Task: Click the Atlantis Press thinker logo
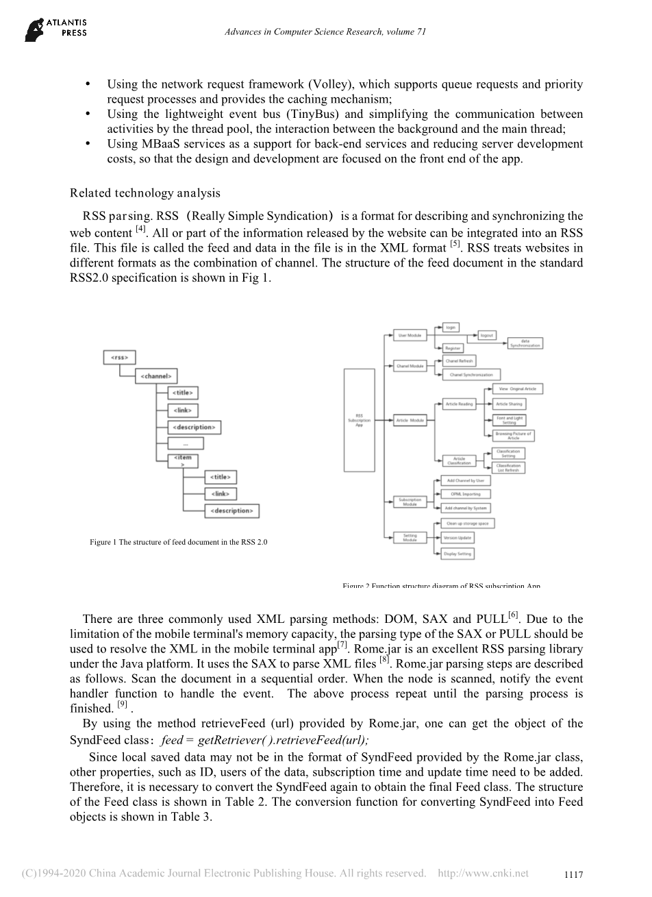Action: point(34,29)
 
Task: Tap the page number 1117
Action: point(573,875)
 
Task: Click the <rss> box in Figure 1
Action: point(119,358)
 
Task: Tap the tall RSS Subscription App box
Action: point(360,420)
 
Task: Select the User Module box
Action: point(410,335)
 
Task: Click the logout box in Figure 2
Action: point(487,335)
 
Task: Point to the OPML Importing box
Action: point(465,494)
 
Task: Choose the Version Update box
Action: point(457,538)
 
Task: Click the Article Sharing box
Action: point(509,404)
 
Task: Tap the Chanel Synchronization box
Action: point(471,375)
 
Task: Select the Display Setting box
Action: point(457,553)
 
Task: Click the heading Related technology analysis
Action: point(145,193)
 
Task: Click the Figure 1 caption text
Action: point(178,542)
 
